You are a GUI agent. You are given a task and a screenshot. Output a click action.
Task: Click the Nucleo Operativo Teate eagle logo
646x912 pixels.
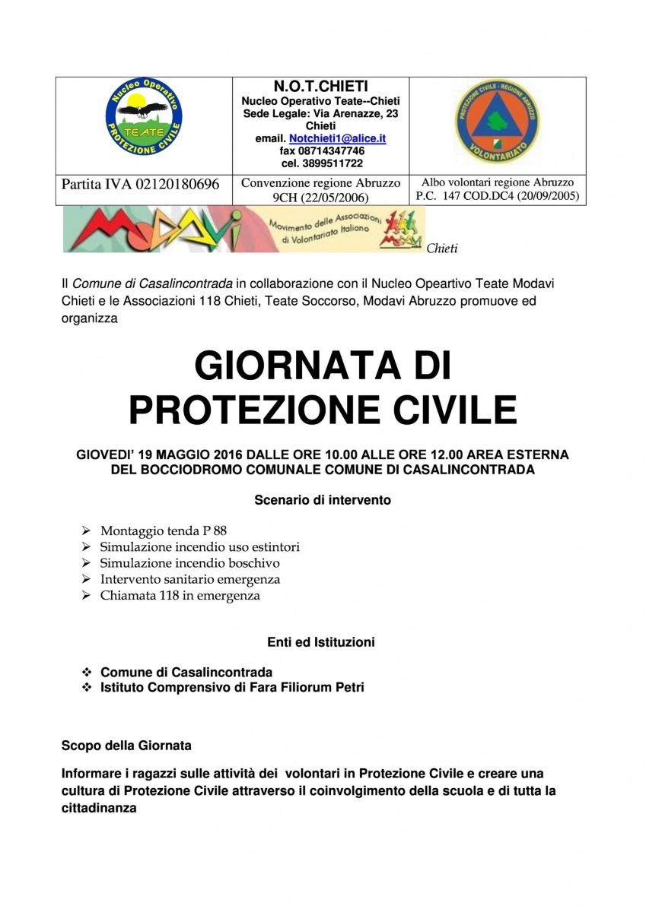(144, 119)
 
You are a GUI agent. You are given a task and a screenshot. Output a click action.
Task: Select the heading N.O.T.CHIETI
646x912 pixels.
(321, 87)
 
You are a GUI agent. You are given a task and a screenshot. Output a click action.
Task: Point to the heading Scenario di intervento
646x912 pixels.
(322, 501)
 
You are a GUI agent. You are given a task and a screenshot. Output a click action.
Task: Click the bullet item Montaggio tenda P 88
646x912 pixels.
(164, 530)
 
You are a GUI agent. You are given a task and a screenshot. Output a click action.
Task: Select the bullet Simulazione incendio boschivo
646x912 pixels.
(190, 563)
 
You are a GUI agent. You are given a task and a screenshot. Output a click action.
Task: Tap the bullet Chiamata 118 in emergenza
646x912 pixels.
(180, 596)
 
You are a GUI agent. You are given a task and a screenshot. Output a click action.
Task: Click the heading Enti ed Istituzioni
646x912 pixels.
(321, 642)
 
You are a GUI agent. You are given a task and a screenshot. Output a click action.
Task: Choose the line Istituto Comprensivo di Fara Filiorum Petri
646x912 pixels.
(232, 688)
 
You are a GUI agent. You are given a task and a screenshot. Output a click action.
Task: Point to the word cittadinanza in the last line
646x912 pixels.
(99, 809)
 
